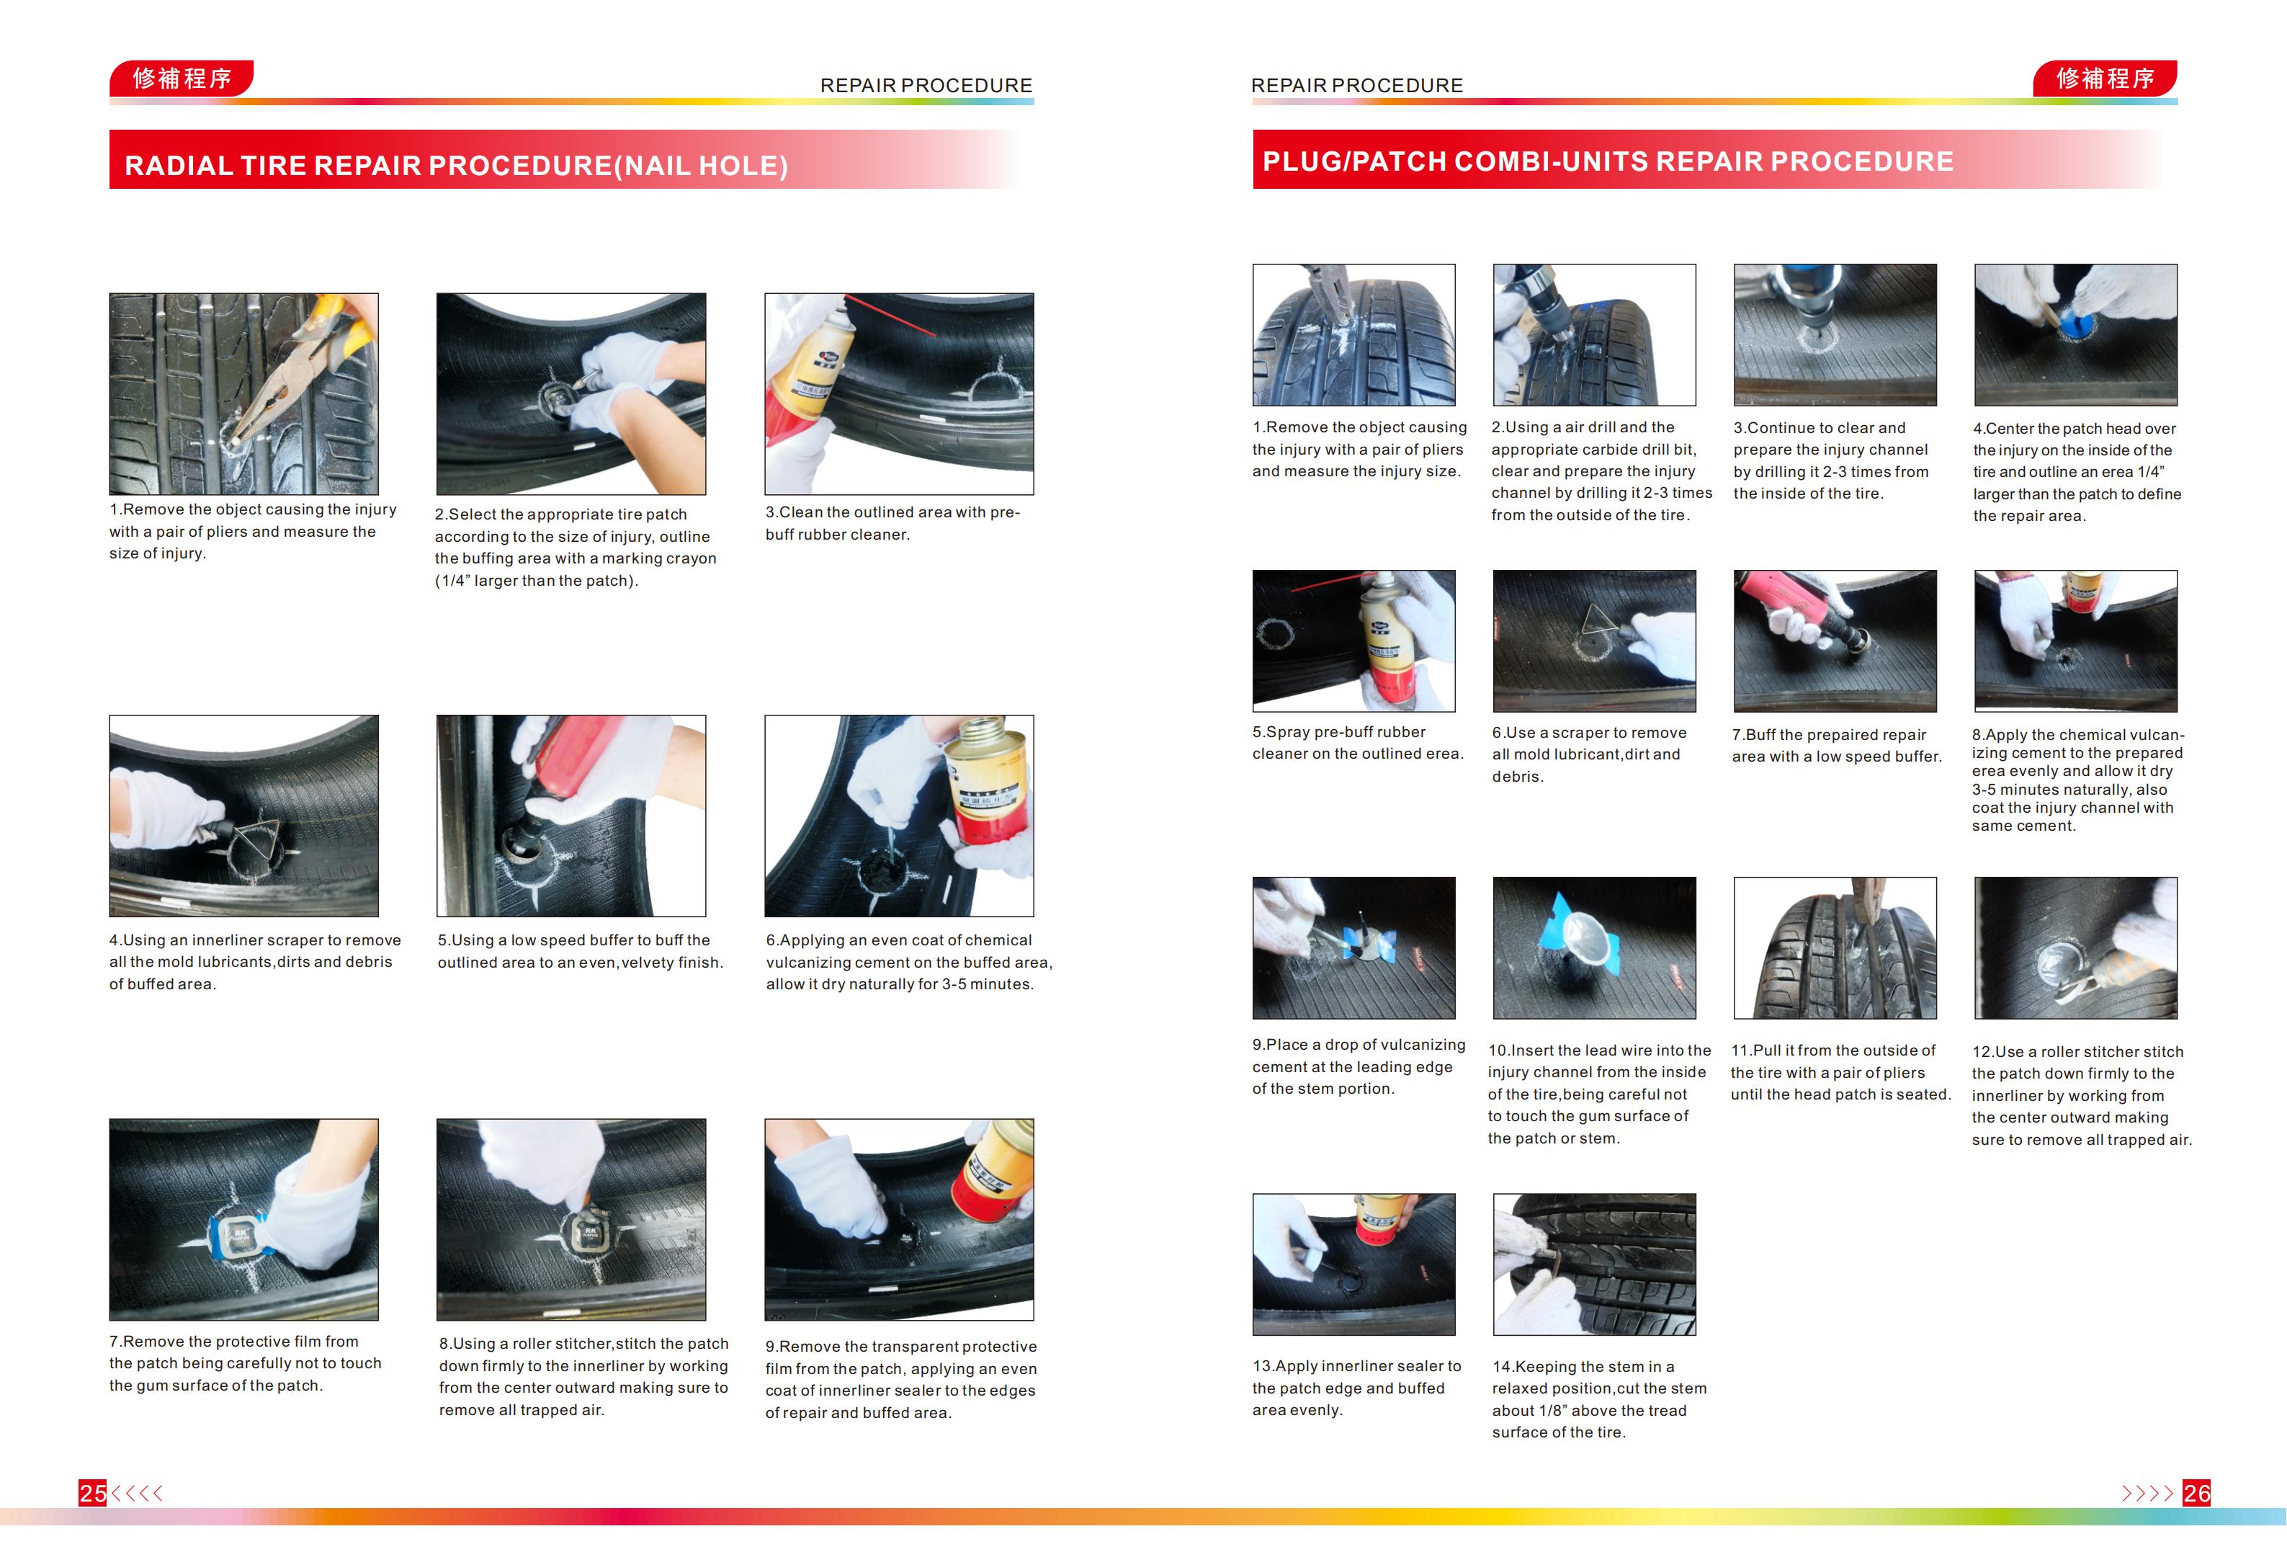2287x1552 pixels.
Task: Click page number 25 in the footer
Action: pyautogui.click(x=92, y=1493)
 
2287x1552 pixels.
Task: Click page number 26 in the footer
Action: pyautogui.click(x=2196, y=1493)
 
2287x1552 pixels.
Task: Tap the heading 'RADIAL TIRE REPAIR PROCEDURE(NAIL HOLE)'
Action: pyautogui.click(x=456, y=164)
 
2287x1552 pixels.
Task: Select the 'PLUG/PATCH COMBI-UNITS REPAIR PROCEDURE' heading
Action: pyautogui.click(x=1608, y=161)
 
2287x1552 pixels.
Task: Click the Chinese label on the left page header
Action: pyautogui.click(x=182, y=78)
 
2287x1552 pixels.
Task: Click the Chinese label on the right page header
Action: pyautogui.click(x=2105, y=78)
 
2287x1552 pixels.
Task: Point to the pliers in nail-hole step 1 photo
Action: pyautogui.click(x=295, y=374)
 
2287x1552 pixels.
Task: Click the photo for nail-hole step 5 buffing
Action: pyautogui.click(x=570, y=816)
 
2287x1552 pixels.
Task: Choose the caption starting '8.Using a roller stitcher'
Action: pyautogui.click(x=583, y=1376)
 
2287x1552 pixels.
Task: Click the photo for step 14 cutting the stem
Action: pyautogui.click(x=1594, y=1265)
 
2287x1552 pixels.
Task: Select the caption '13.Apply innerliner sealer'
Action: pyautogui.click(x=1356, y=1388)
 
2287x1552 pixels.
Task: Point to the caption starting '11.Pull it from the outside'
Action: pyautogui.click(x=1840, y=1071)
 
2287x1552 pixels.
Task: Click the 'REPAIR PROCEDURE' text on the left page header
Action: pyautogui.click(x=926, y=86)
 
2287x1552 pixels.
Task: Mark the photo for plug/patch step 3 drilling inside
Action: pyautogui.click(x=1835, y=334)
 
